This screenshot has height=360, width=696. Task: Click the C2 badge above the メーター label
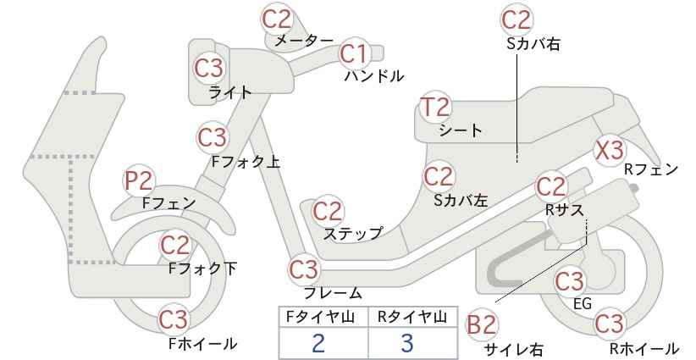(277, 19)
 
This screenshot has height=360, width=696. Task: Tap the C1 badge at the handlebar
(355, 53)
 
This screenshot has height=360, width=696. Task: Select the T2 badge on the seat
(435, 108)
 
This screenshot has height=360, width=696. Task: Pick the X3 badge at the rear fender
(610, 151)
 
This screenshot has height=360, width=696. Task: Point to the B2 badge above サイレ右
(482, 325)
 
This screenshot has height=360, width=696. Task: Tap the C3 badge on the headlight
(209, 69)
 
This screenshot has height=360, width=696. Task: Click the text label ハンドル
(374, 76)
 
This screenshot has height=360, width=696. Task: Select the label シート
(461, 130)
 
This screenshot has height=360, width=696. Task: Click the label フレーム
(333, 293)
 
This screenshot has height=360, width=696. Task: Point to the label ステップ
(353, 234)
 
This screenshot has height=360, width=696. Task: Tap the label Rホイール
(644, 348)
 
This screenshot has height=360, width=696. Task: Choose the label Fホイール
(203, 344)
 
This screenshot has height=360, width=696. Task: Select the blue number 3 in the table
(407, 343)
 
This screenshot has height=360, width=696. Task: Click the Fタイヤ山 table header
(320, 317)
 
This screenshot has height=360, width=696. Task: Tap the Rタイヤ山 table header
(412, 317)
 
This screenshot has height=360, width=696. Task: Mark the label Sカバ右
(533, 44)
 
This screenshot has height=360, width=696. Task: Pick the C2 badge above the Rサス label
(551, 187)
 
